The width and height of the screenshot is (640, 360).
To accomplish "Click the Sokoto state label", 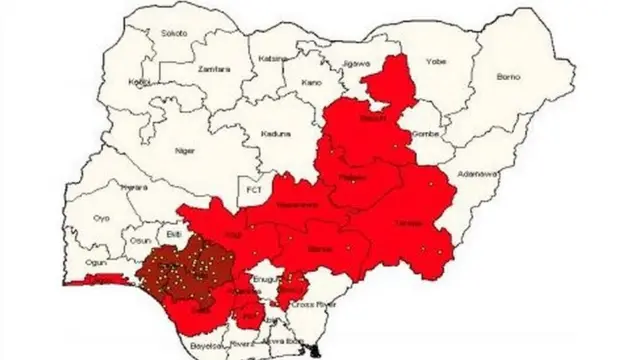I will (173, 33).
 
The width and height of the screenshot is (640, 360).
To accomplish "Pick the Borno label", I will (512, 76).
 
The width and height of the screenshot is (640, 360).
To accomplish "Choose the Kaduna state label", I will (276, 133).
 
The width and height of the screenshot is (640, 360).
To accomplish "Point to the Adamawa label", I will (476, 173).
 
